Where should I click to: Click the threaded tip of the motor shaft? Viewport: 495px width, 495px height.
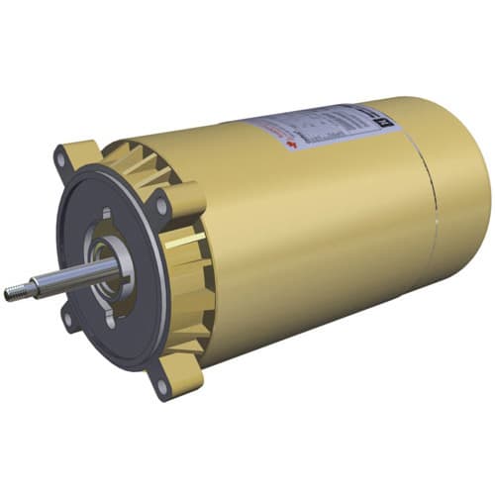pyautogui.click(x=13, y=292)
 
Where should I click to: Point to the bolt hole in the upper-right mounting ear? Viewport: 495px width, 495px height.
pyautogui.click(x=161, y=207)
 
